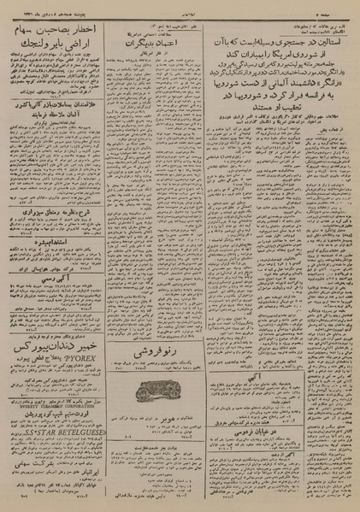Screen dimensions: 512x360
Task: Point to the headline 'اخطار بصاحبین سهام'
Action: (x=62, y=31)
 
